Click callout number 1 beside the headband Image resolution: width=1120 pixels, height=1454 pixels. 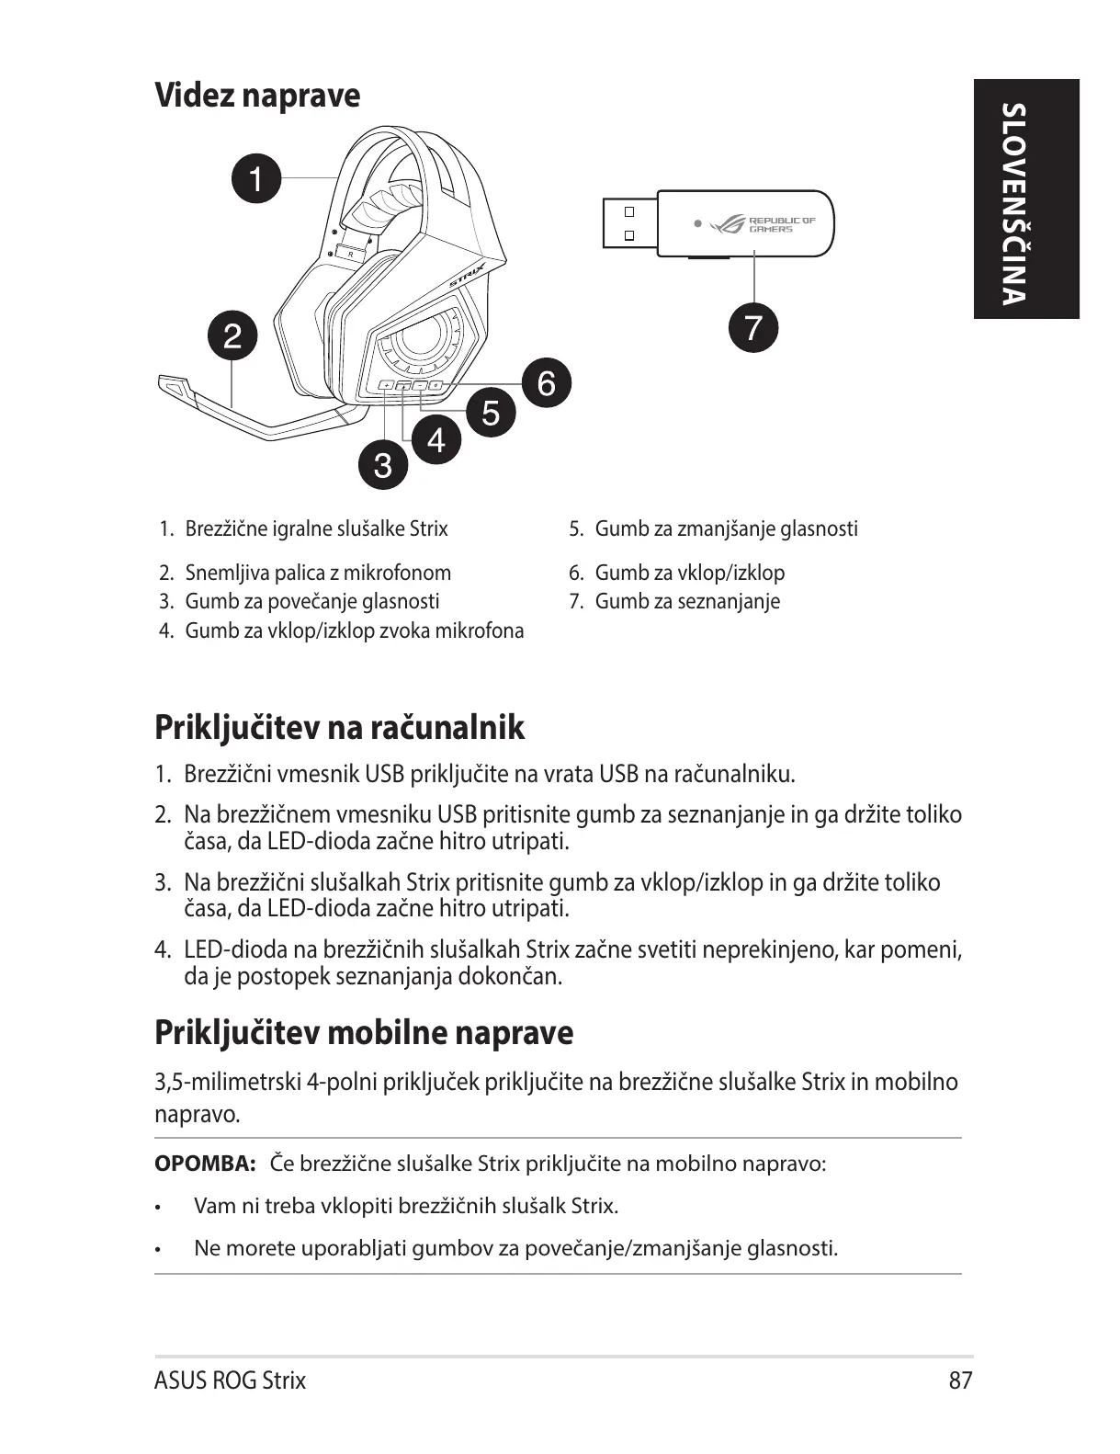(256, 177)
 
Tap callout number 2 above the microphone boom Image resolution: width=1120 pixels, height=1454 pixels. (232, 335)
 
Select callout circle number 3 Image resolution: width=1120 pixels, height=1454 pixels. (382, 465)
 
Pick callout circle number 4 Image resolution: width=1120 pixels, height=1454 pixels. (436, 440)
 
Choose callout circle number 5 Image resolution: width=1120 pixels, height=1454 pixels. (491, 412)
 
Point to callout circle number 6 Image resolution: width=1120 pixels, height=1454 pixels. (546, 382)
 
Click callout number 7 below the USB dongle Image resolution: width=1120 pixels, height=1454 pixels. (752, 327)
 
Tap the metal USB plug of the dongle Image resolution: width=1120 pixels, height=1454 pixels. (628, 223)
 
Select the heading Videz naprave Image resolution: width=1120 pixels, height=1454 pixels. (257, 95)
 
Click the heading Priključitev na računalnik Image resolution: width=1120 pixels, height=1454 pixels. (339, 727)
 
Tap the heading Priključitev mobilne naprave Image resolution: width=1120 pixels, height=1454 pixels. (363, 1032)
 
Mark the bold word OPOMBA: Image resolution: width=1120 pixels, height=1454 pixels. (204, 1164)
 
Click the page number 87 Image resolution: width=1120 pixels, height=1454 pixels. (960, 1380)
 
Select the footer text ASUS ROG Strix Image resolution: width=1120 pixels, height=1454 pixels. (230, 1380)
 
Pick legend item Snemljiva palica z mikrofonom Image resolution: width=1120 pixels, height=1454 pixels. (317, 573)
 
